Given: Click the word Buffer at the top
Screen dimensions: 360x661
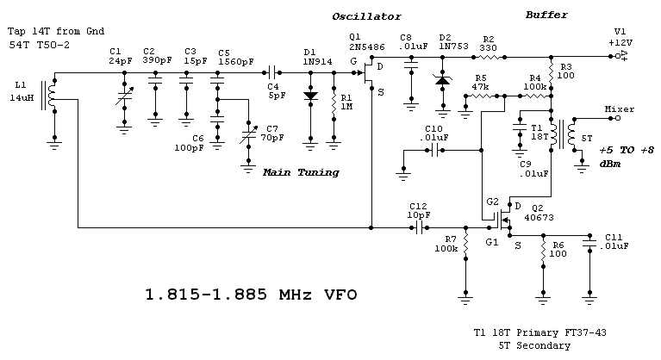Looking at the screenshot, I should coord(546,15).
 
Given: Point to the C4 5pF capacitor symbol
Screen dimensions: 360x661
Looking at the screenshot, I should coord(275,73).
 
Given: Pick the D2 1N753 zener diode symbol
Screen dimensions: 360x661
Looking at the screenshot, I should coord(443,80).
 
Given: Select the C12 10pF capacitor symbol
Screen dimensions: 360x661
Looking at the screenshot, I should coord(421,228).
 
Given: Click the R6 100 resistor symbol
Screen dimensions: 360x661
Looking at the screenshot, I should coord(542,252).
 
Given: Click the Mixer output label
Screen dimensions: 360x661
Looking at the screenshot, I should coord(619,109).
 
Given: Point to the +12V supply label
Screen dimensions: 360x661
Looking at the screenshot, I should coord(620,41).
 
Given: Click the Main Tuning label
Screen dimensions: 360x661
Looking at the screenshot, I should coord(301,172).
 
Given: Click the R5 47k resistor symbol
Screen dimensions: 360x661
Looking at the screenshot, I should coord(489,97).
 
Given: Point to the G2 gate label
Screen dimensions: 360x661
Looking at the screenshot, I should coord(492,202).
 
